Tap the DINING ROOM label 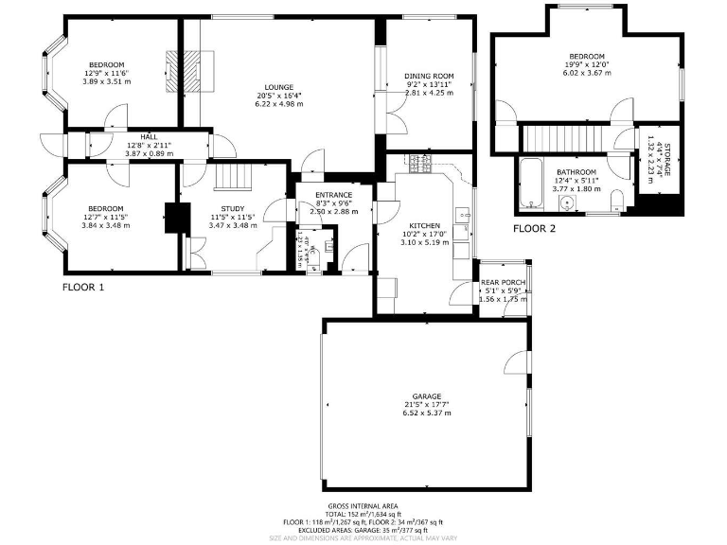click(x=429, y=76)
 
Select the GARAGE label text click(x=427, y=396)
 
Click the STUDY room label click(x=234, y=208)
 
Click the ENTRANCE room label click(x=335, y=195)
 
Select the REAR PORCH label click(x=503, y=282)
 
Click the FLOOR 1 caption click(x=83, y=287)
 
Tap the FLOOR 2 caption click(x=535, y=229)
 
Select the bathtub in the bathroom click(x=527, y=185)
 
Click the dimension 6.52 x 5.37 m click(x=427, y=413)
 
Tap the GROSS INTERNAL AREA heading click(x=363, y=506)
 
